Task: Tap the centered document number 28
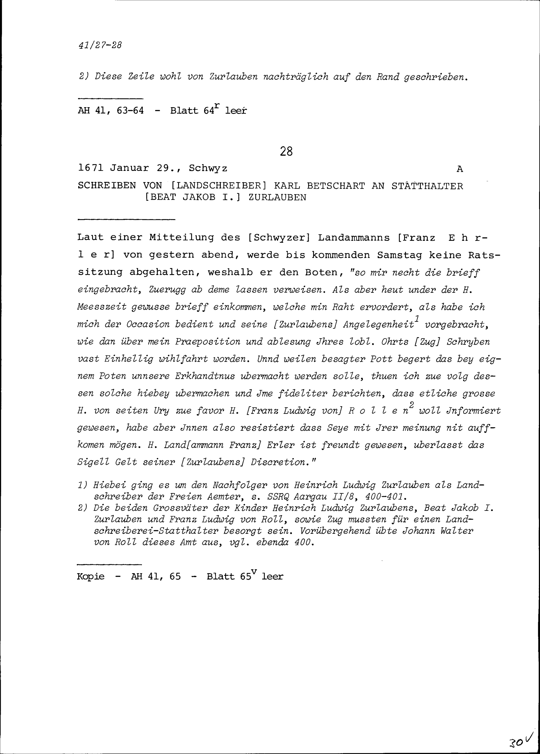(x=286, y=152)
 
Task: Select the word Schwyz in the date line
(x=208, y=168)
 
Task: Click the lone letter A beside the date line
(x=460, y=169)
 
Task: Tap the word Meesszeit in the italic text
(x=102, y=307)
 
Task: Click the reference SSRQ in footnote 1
(x=279, y=497)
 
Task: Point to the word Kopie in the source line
(x=90, y=576)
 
